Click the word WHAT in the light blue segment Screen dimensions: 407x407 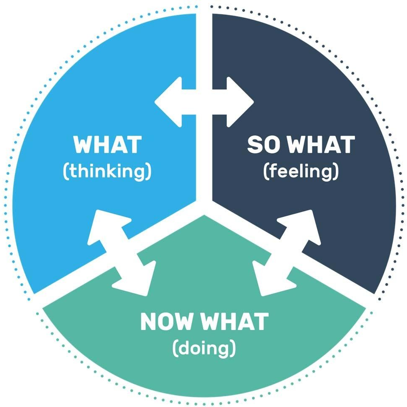tap(107, 145)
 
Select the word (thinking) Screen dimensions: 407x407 tap(107, 172)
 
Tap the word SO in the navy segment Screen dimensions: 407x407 tap(265, 145)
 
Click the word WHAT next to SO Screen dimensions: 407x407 tap(321, 145)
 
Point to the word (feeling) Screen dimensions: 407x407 tap(301, 172)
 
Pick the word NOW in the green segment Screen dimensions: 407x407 tap(168, 321)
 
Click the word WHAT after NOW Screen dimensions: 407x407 tap(235, 321)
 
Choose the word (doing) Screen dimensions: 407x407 tap(204, 348)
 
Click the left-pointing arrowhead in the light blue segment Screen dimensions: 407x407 tap(168, 102)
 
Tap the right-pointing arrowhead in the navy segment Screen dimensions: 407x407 tap(240, 102)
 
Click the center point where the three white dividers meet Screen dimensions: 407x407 tap(204, 205)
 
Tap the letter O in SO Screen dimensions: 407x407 tap(274, 145)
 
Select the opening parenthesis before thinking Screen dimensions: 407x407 tap(66, 172)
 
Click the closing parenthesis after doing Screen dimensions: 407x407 tap(233, 348)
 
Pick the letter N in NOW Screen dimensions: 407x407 tap(149, 321)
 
